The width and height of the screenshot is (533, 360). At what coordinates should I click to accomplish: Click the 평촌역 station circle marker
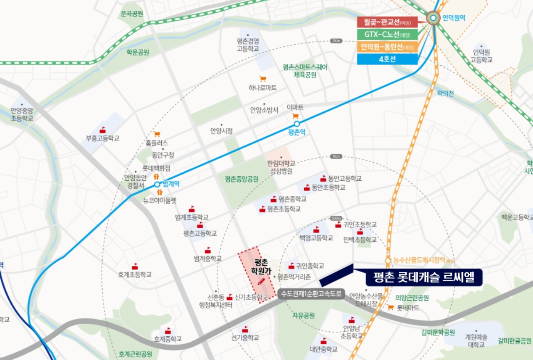[x=296, y=124]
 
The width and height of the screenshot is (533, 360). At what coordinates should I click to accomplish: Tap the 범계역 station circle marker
[x=157, y=184]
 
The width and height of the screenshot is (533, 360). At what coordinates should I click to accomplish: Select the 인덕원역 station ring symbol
[x=434, y=17]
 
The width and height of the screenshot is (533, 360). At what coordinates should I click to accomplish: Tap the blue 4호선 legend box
[x=387, y=59]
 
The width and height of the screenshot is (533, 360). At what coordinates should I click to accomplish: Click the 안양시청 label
[x=221, y=131]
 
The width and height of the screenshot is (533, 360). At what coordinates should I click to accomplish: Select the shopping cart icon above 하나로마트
[x=263, y=79]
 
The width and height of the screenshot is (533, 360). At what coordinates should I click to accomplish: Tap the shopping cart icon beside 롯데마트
[x=390, y=308]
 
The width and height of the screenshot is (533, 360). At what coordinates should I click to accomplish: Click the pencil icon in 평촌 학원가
[x=261, y=281]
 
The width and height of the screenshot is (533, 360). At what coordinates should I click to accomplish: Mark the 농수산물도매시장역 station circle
[x=388, y=261]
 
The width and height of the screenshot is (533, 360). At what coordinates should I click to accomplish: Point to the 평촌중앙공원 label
[x=242, y=179]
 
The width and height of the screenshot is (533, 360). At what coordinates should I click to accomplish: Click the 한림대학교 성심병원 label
[x=281, y=167]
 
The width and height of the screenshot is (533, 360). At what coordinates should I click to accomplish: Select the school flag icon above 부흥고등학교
[x=102, y=130]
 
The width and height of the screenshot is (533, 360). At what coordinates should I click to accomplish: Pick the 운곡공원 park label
[x=132, y=14]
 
